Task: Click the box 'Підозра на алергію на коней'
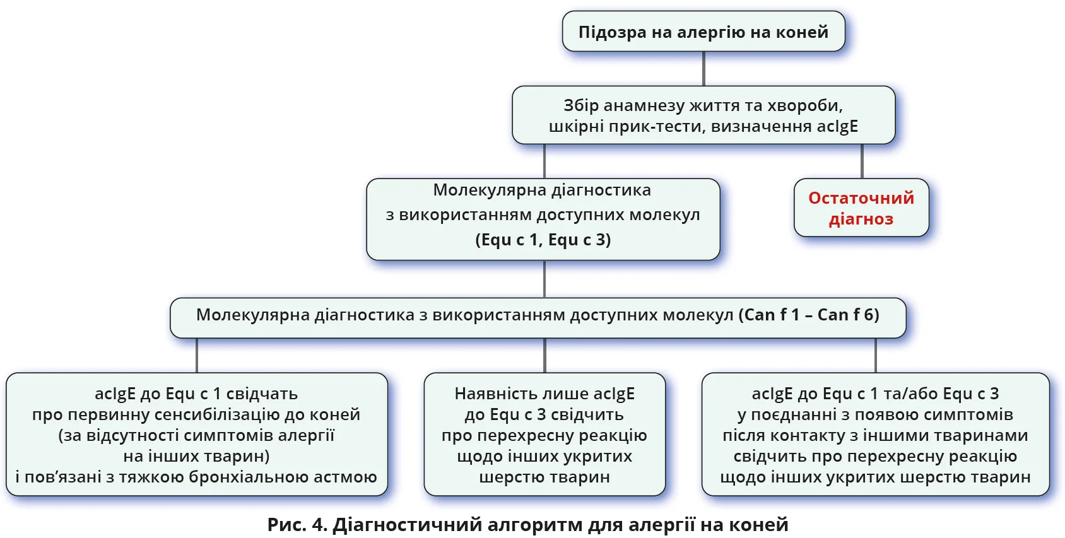[x=703, y=32]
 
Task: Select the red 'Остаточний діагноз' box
[x=861, y=208]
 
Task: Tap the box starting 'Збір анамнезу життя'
[x=703, y=115]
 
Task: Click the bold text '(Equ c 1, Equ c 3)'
[x=543, y=240]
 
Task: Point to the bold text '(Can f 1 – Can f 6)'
[x=809, y=315]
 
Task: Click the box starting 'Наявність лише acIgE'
[x=544, y=435]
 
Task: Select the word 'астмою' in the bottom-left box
[x=348, y=477]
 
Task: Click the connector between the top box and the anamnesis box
[x=703, y=68]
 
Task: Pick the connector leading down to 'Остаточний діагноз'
[x=862, y=161]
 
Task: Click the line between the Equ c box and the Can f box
[x=544, y=279]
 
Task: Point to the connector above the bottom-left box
[x=197, y=355]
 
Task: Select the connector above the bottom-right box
[x=876, y=355]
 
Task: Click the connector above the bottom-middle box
[x=544, y=355]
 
